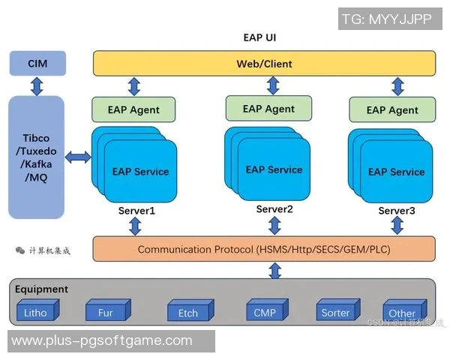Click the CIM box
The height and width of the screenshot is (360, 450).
(x=37, y=64)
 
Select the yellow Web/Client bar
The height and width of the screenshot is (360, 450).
(x=264, y=64)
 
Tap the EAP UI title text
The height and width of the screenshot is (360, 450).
(x=264, y=37)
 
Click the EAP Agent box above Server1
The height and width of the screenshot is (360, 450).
(x=133, y=109)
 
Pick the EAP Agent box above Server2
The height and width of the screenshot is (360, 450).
(x=268, y=109)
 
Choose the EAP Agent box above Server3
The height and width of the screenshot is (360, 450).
(x=392, y=109)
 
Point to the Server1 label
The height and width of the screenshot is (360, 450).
(x=136, y=211)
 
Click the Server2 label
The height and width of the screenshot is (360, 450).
(x=274, y=209)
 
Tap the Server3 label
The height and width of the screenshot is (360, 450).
(x=397, y=211)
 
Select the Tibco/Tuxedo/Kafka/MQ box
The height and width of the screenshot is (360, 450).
(x=37, y=156)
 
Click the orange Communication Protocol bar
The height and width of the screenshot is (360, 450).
(x=264, y=249)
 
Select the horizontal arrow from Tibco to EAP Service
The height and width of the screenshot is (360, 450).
(x=78, y=157)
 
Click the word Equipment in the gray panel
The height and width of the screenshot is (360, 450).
(x=41, y=289)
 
